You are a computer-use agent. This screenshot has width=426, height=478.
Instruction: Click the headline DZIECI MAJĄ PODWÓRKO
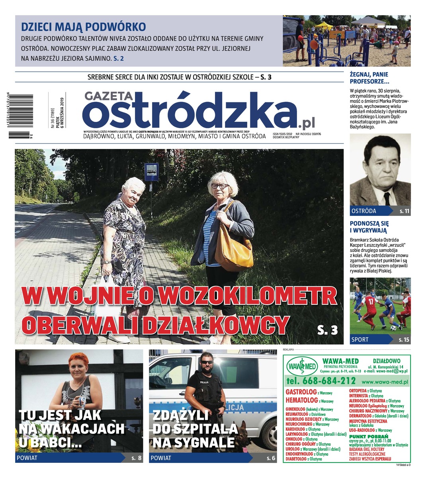83,27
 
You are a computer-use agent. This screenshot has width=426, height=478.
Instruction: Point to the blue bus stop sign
151,172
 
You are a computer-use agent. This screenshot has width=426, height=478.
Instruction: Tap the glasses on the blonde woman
219,186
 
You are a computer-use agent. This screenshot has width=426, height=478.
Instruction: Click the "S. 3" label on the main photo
327,329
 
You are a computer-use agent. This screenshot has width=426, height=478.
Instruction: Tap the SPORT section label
360,340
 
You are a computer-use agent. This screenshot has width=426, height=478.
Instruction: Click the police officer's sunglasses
206,362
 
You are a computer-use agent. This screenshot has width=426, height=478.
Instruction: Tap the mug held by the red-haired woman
81,401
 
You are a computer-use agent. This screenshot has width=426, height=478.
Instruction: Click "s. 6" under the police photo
271,458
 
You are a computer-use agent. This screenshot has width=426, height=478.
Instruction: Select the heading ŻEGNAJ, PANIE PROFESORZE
369,78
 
